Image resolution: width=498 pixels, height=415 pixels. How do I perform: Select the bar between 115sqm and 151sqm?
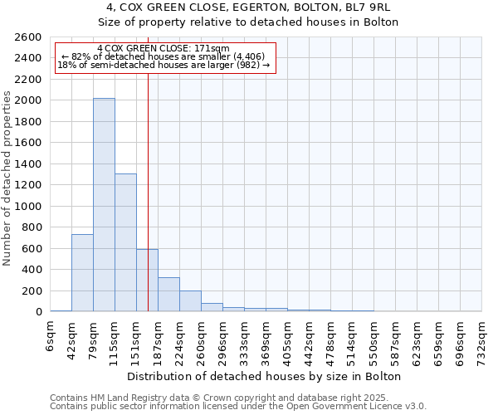(x=125, y=242)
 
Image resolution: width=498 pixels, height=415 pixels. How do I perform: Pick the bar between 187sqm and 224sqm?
(x=168, y=295)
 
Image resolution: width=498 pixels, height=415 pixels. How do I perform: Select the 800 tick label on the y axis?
(x=32, y=227)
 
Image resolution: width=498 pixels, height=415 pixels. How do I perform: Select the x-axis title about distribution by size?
(x=265, y=376)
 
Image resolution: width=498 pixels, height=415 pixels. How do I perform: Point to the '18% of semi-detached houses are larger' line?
(x=164, y=66)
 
